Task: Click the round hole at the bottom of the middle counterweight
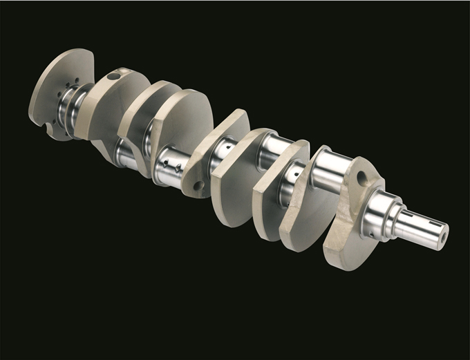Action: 198,185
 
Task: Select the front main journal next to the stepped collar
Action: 379,210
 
